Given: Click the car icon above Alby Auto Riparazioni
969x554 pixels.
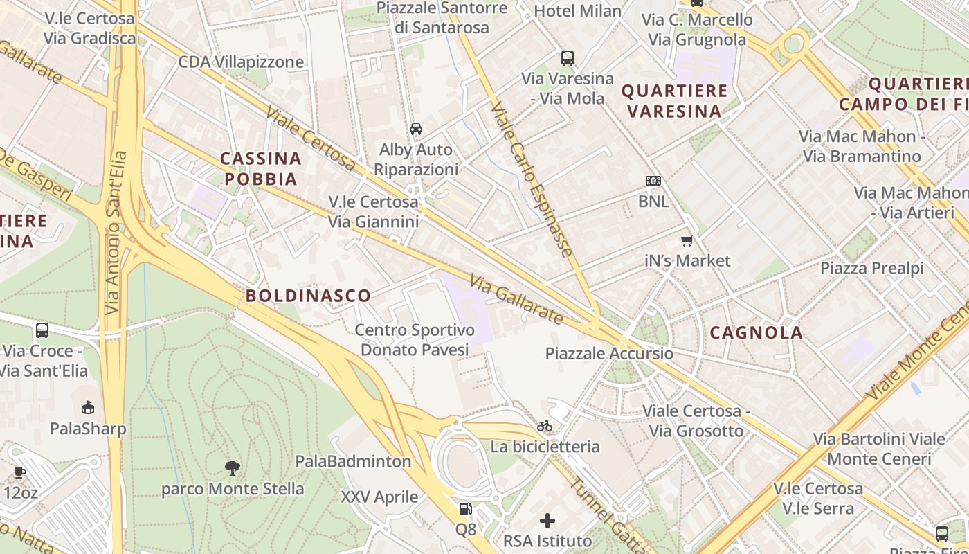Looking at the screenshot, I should pyautogui.click(x=416, y=129).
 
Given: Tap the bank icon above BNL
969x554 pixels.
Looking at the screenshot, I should pyautogui.click(x=653, y=181).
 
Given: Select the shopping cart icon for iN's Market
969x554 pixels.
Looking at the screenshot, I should pyautogui.click(x=687, y=240).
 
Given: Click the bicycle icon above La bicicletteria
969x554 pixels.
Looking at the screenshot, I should pyautogui.click(x=545, y=426).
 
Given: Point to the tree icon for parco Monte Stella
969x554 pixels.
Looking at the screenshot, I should pyautogui.click(x=233, y=468).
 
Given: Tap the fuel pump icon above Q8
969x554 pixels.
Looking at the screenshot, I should pyautogui.click(x=465, y=509).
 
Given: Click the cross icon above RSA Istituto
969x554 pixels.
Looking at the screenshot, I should pyautogui.click(x=547, y=520).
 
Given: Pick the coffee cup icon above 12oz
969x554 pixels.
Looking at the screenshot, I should pyautogui.click(x=19, y=472).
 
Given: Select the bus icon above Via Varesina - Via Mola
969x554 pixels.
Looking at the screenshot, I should pyautogui.click(x=568, y=58).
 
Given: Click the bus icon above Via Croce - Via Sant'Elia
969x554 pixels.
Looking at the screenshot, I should pyautogui.click(x=42, y=330).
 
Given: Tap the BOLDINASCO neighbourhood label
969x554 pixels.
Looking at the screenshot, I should pyautogui.click(x=308, y=296).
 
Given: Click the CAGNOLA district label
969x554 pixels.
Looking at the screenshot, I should pyautogui.click(x=757, y=332).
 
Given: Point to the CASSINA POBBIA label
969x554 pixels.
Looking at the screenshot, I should pyautogui.click(x=261, y=169).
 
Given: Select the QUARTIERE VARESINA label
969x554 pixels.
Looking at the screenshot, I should pyautogui.click(x=674, y=101).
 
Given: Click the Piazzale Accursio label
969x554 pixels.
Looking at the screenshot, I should pyautogui.click(x=609, y=353).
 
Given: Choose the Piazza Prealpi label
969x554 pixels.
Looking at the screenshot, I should pyautogui.click(x=872, y=268).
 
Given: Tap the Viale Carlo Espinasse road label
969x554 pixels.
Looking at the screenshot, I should pyautogui.click(x=532, y=180).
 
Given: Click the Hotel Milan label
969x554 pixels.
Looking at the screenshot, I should pyautogui.click(x=578, y=10).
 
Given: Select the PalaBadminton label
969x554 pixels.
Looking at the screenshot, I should pyautogui.click(x=353, y=461).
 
